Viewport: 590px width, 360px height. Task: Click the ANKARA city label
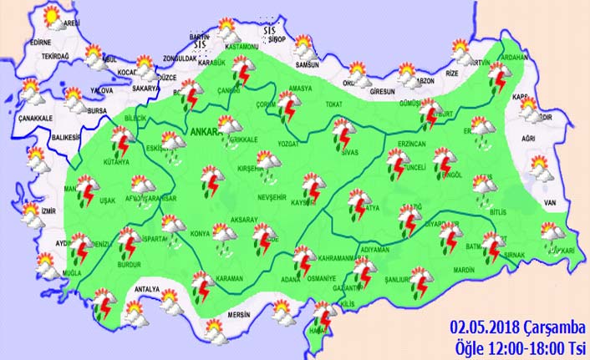[203, 133]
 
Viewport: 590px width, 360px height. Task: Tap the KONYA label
[201, 234]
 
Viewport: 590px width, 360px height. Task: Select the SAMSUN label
[308, 65]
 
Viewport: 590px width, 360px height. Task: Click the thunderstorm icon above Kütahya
[120, 145]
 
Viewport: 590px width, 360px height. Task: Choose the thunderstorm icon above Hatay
[322, 318]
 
